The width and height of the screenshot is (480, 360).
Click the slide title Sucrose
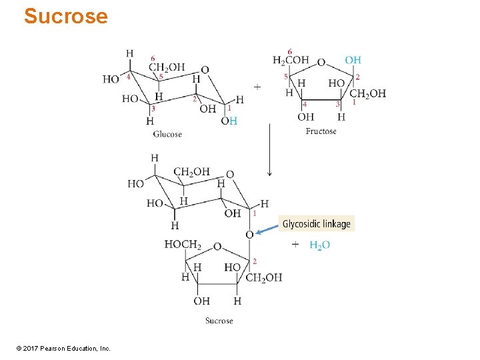(65, 16)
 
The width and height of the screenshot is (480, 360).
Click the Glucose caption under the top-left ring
(167, 134)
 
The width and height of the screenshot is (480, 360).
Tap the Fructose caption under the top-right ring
(321, 131)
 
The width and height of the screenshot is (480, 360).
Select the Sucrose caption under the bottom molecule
(219, 321)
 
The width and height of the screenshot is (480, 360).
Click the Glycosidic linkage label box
(316, 224)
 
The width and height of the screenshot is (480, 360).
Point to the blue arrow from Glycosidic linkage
(266, 229)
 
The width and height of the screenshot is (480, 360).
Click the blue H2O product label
(320, 245)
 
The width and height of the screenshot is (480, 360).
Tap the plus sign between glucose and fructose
(257, 86)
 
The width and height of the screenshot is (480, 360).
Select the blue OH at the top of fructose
(353, 61)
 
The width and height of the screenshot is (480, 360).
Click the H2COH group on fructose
(291, 61)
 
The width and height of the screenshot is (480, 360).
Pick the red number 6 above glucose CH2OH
(153, 59)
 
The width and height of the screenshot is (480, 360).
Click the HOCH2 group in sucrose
(183, 245)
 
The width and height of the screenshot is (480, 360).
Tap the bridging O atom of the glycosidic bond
(249, 235)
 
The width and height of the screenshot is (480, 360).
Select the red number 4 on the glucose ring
(128, 76)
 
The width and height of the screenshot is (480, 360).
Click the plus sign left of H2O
(295, 245)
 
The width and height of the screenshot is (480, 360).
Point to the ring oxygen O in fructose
(321, 62)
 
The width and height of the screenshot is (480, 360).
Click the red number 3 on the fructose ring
(337, 104)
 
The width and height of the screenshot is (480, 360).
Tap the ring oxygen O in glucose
(205, 69)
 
